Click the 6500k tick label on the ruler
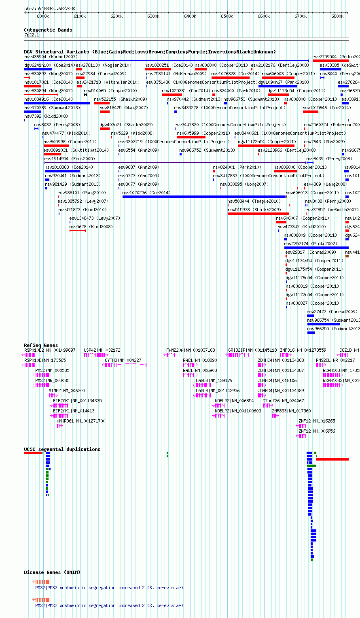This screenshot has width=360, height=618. [x=227, y=16]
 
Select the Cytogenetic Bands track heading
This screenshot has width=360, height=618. [x=48, y=30]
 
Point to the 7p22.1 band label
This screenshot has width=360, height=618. [x=31, y=35]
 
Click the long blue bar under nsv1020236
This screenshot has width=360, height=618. [x=204, y=197]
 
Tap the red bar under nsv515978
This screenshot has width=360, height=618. [x=258, y=214]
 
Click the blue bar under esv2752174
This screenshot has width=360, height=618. [x=316, y=248]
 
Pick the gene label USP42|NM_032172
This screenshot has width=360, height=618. [x=102, y=350]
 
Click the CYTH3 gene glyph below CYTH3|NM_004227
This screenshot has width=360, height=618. [x=125, y=365]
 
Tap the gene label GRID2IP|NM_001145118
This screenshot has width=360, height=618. [x=252, y=350]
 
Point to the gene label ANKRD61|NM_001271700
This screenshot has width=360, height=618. [x=81, y=421]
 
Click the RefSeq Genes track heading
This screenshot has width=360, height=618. [x=41, y=345]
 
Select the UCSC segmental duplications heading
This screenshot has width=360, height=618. [x=62, y=449]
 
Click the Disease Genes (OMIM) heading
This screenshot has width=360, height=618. [x=52, y=572]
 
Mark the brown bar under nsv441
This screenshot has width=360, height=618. [x=347, y=256]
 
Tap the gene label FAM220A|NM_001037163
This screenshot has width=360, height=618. [x=191, y=350]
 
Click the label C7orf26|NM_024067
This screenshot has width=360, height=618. [x=283, y=401]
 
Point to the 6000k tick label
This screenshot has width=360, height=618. [x=43, y=16]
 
